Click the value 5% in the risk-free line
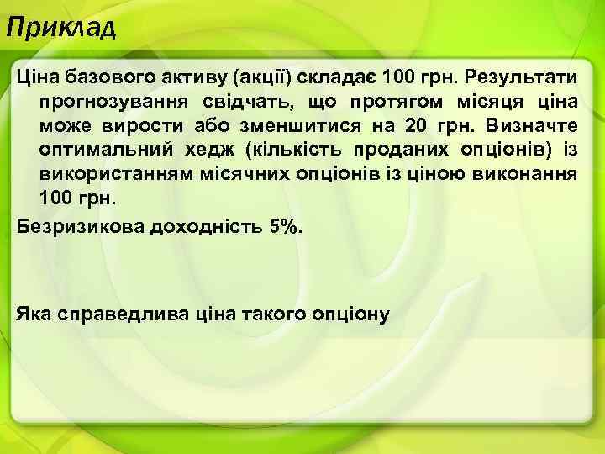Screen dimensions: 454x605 pos(283,227)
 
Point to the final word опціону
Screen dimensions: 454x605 pos(347,314)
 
